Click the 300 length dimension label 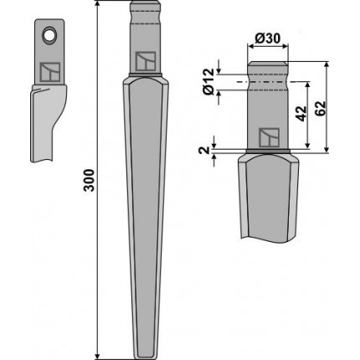click(x=90, y=180)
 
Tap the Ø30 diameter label click(x=268, y=39)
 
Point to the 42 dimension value click(x=301, y=114)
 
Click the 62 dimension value click(x=321, y=108)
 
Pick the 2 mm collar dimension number click(x=204, y=151)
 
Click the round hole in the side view click(x=49, y=35)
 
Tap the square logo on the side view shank click(x=49, y=72)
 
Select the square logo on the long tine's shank click(x=146, y=61)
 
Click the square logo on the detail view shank click(x=269, y=137)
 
